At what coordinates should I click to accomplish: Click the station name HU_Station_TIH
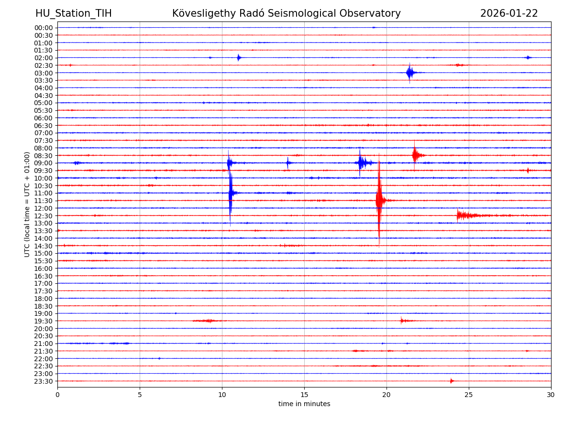73,13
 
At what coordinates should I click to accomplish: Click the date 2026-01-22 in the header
509,13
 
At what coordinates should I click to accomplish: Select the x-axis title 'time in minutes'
304,404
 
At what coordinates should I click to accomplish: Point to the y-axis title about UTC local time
27,204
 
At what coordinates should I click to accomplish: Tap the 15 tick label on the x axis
304,395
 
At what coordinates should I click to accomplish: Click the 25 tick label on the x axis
469,395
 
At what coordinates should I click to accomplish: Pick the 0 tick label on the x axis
57,395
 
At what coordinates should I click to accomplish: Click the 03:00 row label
44,73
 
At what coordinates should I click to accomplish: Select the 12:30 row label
44,215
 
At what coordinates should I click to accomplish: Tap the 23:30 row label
44,381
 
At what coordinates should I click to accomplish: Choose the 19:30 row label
44,321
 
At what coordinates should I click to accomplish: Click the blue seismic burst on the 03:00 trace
410,73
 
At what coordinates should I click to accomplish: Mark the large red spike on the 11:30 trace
379,200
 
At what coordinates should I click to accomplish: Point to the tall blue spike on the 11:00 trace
231,193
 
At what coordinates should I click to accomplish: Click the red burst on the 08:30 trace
416,155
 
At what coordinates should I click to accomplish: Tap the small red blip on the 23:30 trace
451,381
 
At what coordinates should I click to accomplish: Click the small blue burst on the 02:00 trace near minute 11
239,57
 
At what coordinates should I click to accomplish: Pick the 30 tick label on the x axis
551,395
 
